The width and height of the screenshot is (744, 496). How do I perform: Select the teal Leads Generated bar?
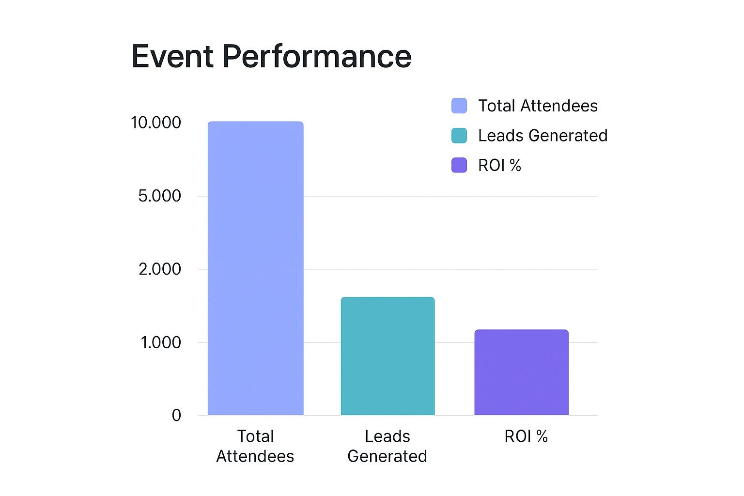click(x=387, y=356)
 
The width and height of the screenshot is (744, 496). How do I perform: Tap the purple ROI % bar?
click(x=521, y=372)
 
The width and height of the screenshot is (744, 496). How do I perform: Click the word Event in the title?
click(x=172, y=56)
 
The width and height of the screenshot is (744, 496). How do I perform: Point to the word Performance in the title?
click(x=317, y=56)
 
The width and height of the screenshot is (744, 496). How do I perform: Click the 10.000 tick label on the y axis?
click(x=156, y=123)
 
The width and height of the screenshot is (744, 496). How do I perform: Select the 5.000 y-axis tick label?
click(x=159, y=196)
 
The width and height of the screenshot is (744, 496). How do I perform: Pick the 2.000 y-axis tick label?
click(x=160, y=269)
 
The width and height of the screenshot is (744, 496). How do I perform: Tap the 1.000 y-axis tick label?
click(x=161, y=342)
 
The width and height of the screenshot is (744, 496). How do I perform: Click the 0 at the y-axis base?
click(x=176, y=415)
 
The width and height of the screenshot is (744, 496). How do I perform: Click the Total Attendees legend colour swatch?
click(x=459, y=106)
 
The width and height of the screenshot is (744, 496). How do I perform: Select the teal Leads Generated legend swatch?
click(x=459, y=136)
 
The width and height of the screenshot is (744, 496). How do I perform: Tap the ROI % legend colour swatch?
click(x=459, y=165)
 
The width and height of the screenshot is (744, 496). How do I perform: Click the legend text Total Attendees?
click(x=538, y=106)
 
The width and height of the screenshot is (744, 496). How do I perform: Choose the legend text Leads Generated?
click(x=542, y=136)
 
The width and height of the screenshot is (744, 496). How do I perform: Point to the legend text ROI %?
click(x=499, y=165)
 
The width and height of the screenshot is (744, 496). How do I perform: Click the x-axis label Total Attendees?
click(x=255, y=446)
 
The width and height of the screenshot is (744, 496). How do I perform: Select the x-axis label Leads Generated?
click(x=387, y=446)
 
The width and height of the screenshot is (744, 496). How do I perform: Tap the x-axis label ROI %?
click(x=526, y=436)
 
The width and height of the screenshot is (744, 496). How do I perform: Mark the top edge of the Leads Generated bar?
click(x=387, y=297)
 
